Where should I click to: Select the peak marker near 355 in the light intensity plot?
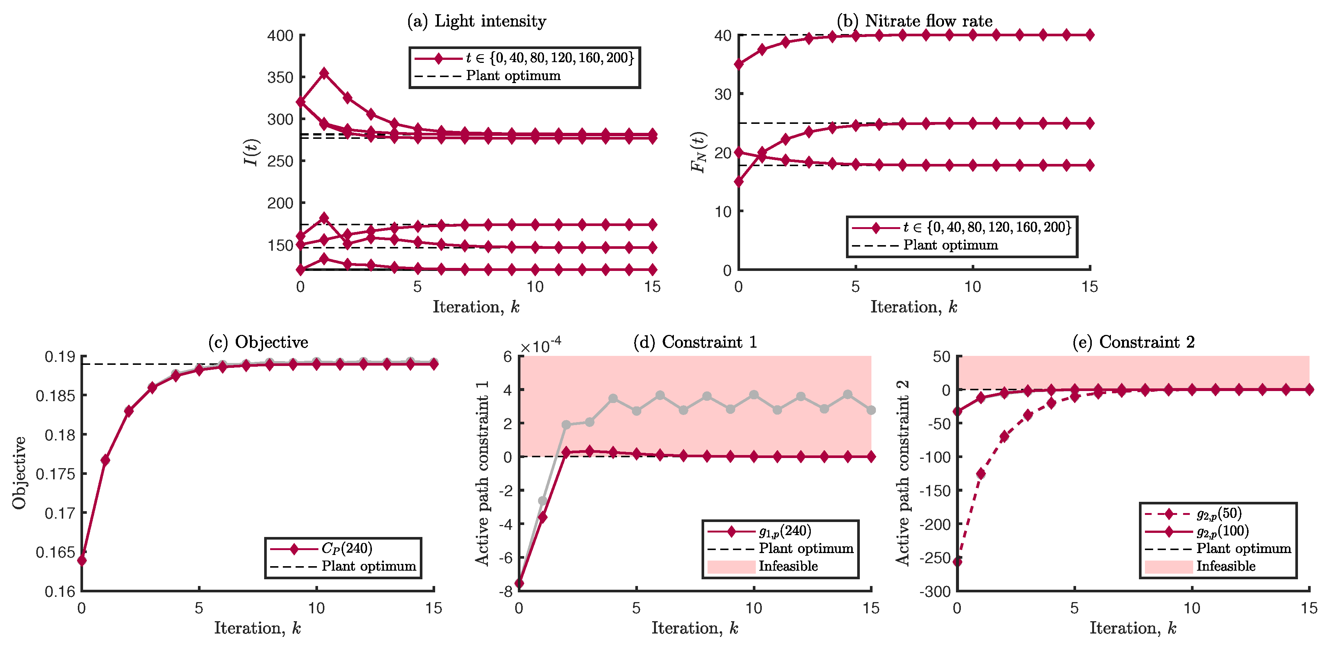pyautogui.click(x=324, y=73)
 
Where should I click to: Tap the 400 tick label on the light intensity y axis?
pyautogui.click(x=280, y=36)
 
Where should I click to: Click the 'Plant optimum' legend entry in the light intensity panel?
pyautogui.click(x=513, y=76)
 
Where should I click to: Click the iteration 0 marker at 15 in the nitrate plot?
pyautogui.click(x=739, y=181)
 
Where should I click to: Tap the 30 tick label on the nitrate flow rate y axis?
pyautogui.click(x=722, y=94)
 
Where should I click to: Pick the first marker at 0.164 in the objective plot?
pyautogui.click(x=82, y=560)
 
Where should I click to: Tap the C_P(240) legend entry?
pyautogui.click(x=346, y=548)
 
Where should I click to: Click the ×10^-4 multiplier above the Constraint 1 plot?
pyautogui.click(x=540, y=345)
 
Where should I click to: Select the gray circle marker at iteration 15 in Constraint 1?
pyautogui.click(x=871, y=410)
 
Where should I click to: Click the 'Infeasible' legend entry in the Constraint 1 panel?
pyautogui.click(x=788, y=566)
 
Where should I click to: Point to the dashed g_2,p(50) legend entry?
pyautogui.click(x=1219, y=513)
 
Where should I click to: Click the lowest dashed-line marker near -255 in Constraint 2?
pyautogui.click(x=957, y=561)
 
